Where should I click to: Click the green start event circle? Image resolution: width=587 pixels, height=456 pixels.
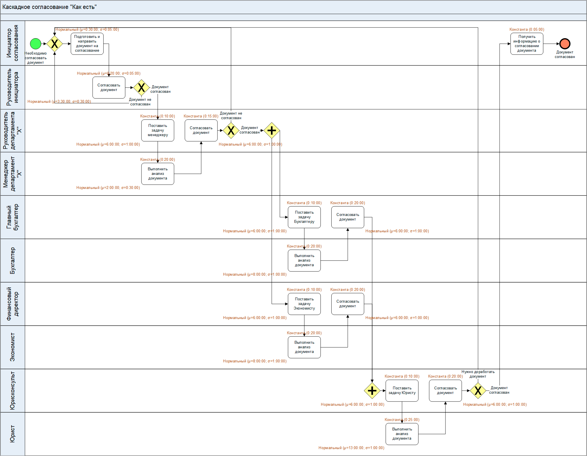coord(36,44)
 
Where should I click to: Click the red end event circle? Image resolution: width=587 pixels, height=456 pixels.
coord(565,44)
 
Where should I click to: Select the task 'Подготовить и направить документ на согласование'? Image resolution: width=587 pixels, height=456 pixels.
coord(87,44)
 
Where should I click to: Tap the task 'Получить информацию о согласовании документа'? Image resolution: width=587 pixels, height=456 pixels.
coord(527,44)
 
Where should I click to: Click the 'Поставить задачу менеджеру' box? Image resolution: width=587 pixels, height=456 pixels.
coord(158,130)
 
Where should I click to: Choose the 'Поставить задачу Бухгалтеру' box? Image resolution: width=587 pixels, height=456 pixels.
coord(304,217)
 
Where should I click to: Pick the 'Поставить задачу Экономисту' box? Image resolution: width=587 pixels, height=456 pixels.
coord(304,304)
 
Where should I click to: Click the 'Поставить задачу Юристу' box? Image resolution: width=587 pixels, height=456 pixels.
coord(402,391)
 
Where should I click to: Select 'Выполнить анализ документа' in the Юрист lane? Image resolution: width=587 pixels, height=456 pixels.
coord(402,434)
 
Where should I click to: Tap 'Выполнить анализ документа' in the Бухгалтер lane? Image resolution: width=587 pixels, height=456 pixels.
coord(304,260)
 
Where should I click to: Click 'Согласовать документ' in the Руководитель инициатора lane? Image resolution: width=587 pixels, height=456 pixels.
coord(109,88)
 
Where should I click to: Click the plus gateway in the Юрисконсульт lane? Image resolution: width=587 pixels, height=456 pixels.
coord(372,391)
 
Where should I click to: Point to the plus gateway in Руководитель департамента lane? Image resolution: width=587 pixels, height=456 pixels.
coord(272,130)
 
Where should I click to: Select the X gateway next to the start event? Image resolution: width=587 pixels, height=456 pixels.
coord(55,44)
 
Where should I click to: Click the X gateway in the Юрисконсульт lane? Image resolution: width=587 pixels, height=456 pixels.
coord(478,391)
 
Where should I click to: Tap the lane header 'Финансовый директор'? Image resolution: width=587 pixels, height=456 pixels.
coord(13,304)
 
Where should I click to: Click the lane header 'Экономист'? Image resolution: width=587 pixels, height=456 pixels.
coord(13,347)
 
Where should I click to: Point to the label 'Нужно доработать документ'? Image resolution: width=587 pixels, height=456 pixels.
coord(478,374)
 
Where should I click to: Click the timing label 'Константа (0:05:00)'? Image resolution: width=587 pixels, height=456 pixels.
coord(527,29)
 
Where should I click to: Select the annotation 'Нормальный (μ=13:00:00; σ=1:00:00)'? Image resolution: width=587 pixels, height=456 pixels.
coord(351,448)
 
